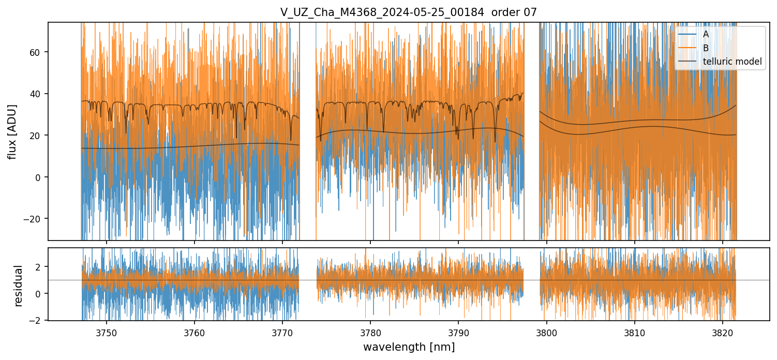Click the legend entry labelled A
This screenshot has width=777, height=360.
point(706,34)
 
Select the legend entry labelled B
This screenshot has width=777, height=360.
point(706,48)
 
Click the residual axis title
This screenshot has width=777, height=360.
point(19,285)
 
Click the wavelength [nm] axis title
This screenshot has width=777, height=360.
point(409,347)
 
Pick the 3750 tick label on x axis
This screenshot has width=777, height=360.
point(107,332)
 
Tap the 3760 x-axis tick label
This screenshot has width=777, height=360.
point(195,332)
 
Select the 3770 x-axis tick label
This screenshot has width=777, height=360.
point(282,332)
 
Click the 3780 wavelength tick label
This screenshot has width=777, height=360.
point(371,332)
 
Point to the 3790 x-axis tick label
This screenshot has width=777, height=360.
point(459,332)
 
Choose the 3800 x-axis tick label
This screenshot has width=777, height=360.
point(547,332)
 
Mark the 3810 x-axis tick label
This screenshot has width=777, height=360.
point(635,332)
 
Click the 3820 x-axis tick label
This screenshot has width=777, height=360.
point(723,332)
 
